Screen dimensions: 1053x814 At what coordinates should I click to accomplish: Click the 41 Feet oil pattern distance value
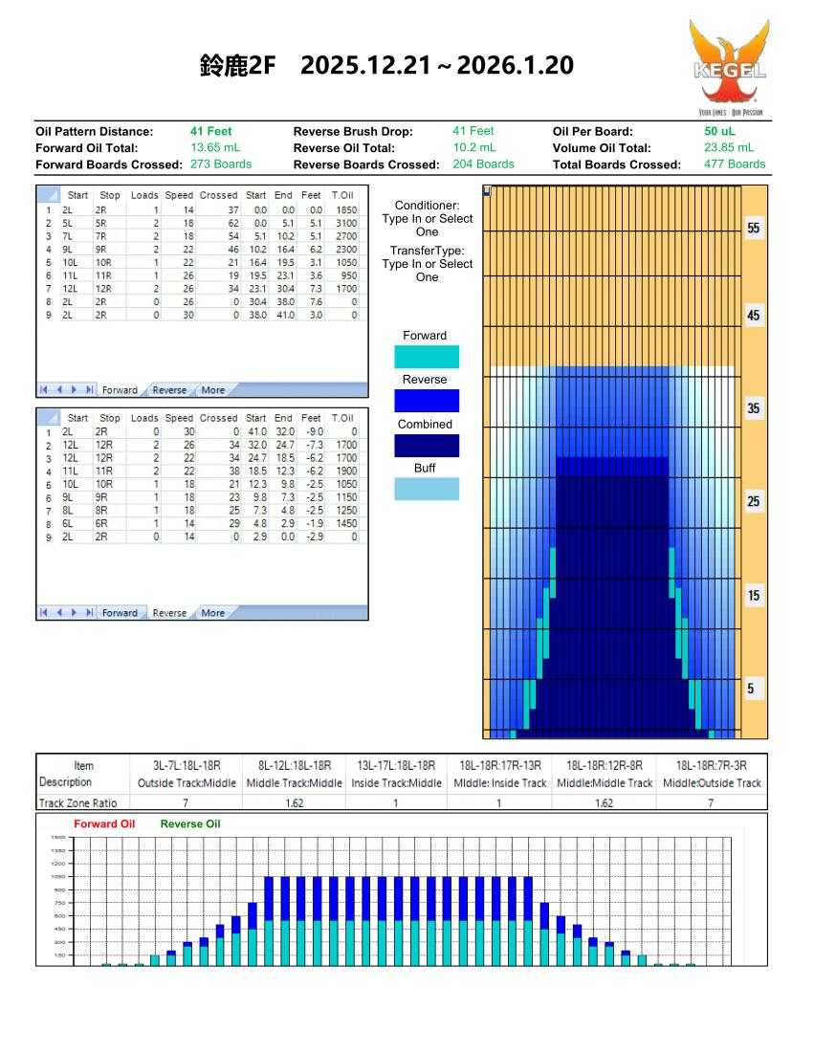coord(211,131)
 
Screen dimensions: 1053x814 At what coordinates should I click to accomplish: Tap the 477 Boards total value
coord(734,164)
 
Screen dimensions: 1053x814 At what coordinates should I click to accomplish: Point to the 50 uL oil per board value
coord(720,131)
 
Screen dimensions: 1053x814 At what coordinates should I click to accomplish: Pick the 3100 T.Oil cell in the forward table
coord(345,220)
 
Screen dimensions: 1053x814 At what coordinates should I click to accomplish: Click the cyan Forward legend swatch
coord(427,357)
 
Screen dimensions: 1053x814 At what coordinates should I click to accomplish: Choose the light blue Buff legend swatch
coord(427,489)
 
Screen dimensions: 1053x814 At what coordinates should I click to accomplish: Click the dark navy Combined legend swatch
coord(427,445)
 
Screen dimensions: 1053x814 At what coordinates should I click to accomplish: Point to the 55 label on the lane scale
coord(754,231)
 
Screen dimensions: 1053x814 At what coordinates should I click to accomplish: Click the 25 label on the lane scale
coord(754,502)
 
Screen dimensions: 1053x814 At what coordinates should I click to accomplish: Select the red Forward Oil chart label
coord(105,823)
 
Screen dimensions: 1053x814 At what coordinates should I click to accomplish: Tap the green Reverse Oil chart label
coord(190,823)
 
